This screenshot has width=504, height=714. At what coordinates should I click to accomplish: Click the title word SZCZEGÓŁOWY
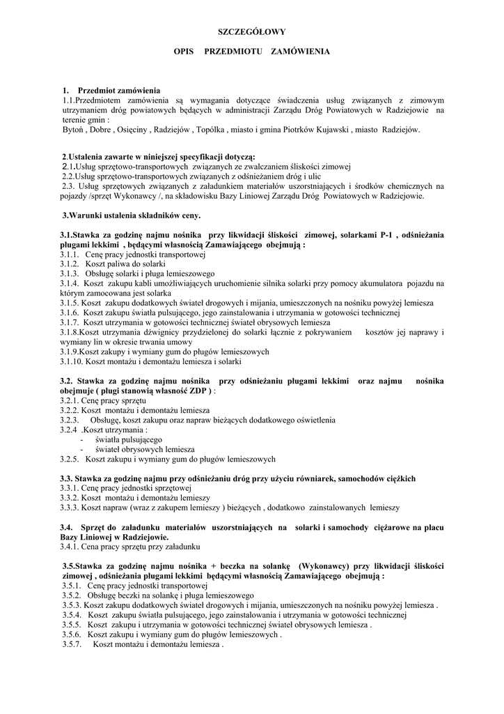[252, 31]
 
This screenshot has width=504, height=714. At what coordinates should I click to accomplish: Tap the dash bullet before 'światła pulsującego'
[82, 440]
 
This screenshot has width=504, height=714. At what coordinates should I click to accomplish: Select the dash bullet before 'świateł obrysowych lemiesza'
[82, 450]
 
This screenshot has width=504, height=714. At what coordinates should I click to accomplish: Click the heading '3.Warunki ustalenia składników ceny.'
[131, 215]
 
